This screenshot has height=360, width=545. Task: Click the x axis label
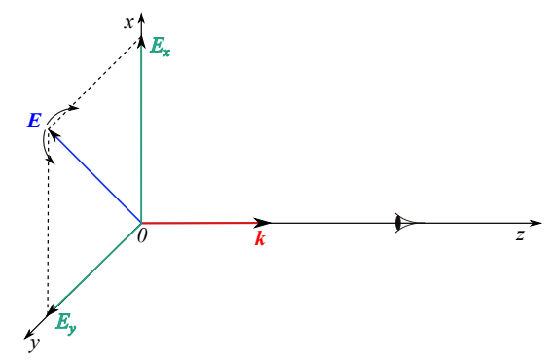[129, 23]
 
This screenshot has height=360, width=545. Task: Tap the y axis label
[35, 343]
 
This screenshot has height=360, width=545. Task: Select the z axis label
[520, 235]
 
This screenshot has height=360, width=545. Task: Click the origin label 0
[142, 235]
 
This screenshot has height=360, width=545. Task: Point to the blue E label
[34, 121]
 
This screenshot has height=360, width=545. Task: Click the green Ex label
[160, 47]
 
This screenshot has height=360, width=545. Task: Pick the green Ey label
[66, 323]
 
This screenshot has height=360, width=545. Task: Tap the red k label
[260, 238]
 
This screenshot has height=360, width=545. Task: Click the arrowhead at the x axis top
[141, 18]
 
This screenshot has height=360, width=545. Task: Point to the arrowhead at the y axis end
[29, 334]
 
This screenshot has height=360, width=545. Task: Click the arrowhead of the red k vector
[263, 223]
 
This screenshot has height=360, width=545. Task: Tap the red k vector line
[201, 223]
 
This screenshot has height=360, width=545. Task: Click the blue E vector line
[94, 176]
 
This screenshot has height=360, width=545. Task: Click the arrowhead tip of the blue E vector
[49, 129]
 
